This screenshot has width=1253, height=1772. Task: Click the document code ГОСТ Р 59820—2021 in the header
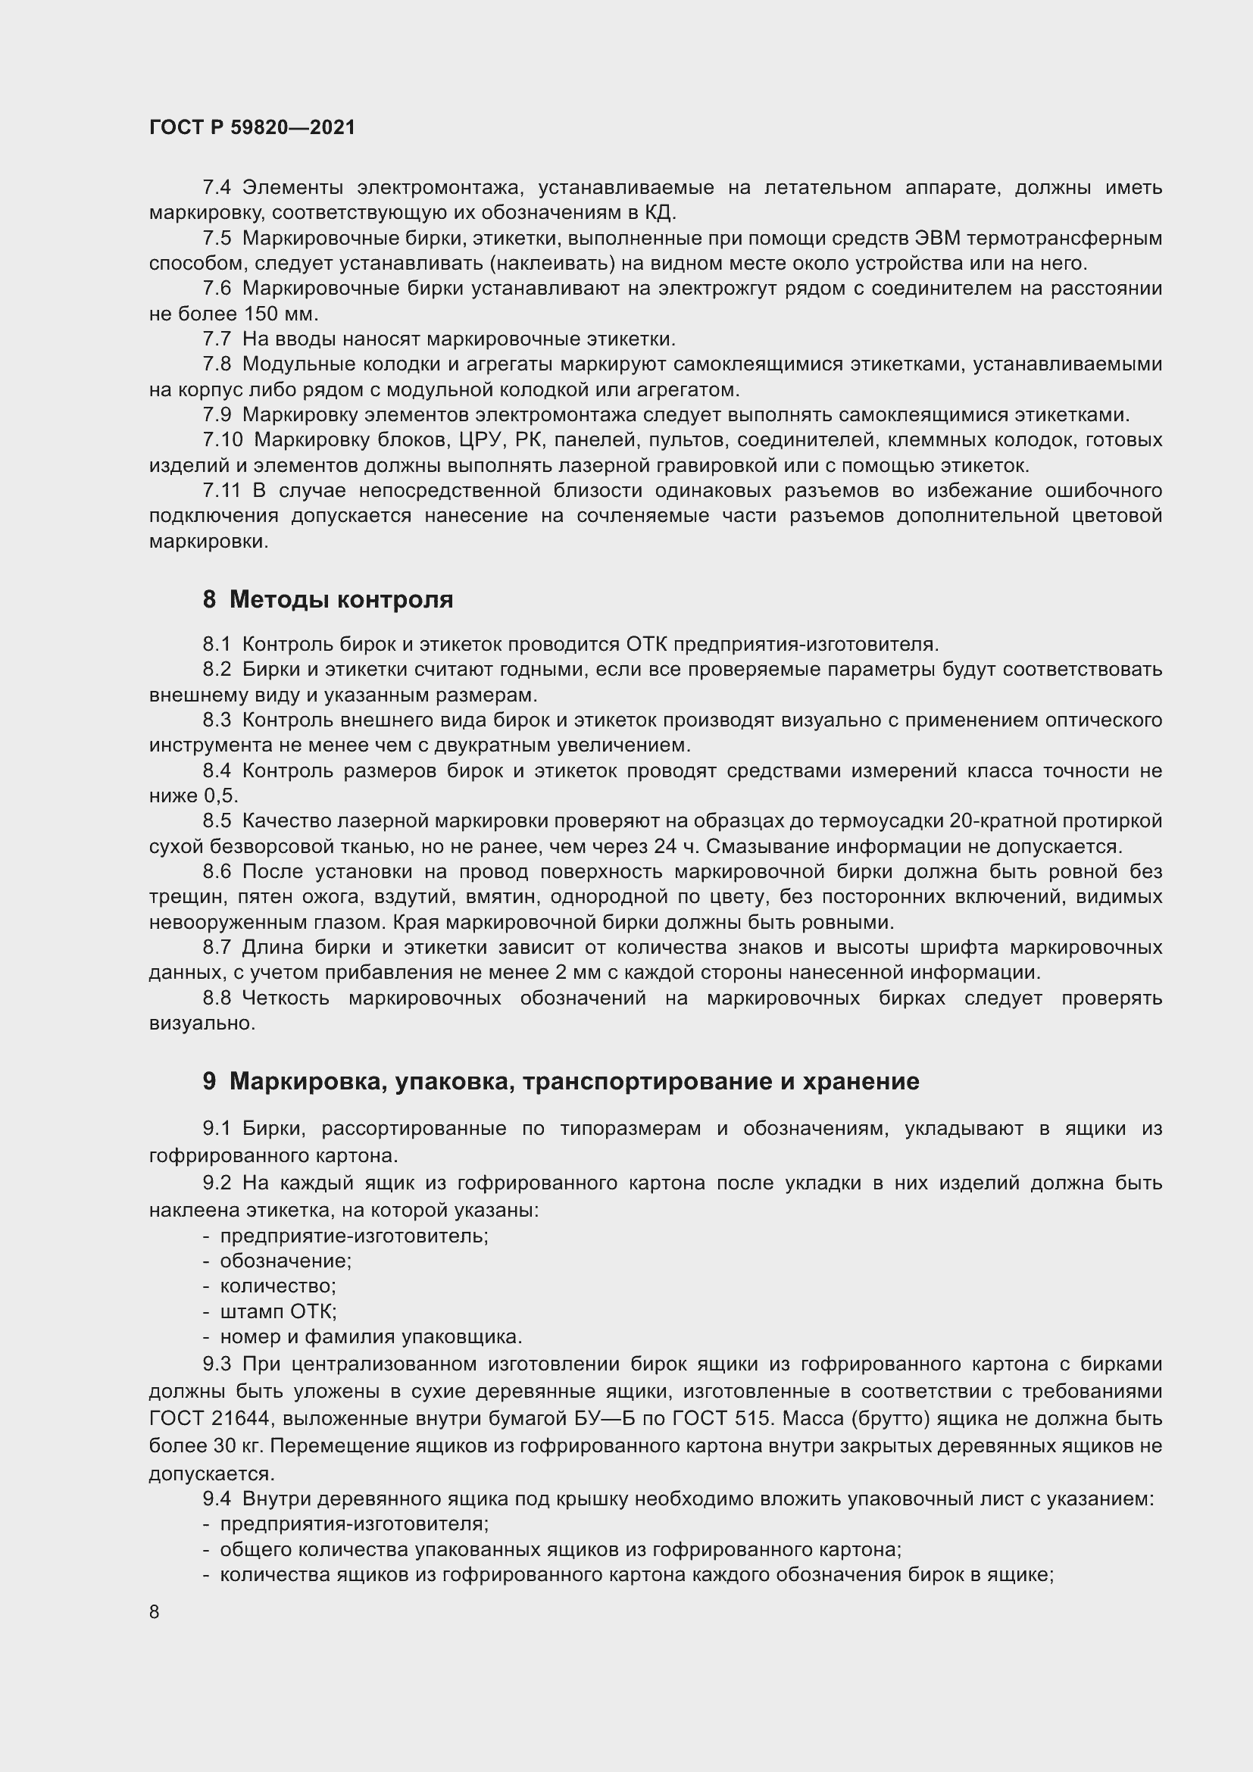tap(252, 127)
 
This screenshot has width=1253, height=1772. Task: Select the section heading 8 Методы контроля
tap(327, 599)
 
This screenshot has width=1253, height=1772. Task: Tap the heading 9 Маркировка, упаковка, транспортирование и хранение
tap(561, 1081)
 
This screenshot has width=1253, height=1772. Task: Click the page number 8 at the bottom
tap(155, 1611)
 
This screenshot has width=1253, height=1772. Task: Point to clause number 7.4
tap(216, 188)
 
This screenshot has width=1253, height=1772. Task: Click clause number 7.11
tap(221, 491)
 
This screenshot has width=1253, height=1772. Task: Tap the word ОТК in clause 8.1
tap(646, 644)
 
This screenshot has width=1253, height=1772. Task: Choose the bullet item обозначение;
tap(286, 1261)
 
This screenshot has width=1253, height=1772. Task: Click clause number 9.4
tap(216, 1499)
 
